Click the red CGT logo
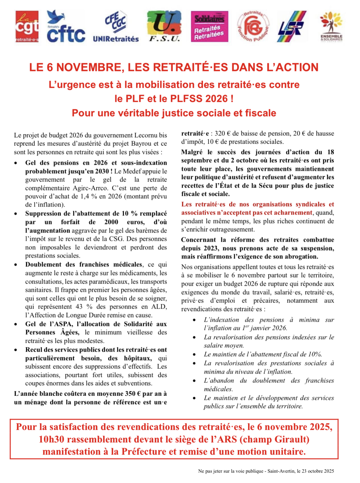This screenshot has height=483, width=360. point(27,27)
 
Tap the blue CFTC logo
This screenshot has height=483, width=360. point(66,27)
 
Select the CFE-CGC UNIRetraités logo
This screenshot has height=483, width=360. point(116,27)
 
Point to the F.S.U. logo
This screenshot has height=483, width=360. point(164,27)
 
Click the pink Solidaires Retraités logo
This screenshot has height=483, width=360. point(209,27)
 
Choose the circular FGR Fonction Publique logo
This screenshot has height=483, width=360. point(253,27)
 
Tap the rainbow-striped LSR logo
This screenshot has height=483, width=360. point(291,27)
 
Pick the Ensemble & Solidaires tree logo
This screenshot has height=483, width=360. point(331,27)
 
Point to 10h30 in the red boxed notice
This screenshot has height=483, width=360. point(52,439)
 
